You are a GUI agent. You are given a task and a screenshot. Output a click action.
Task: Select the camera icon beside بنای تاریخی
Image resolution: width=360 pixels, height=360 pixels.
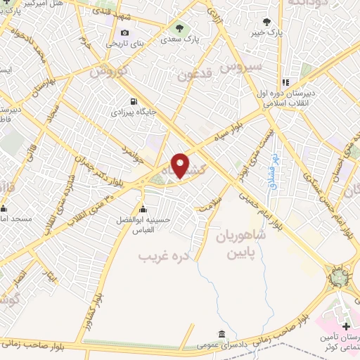pyautogui.click(x=125, y=32)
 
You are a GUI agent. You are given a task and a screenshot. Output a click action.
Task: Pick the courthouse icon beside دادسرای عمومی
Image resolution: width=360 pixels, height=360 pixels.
pyautogui.click(x=222, y=333)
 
